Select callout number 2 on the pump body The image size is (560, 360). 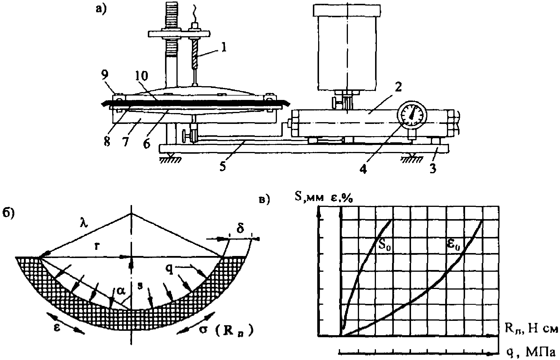point(398,87)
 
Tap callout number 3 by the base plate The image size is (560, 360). point(432,169)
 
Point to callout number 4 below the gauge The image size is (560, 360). point(364,169)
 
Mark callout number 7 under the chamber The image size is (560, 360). point(126,142)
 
